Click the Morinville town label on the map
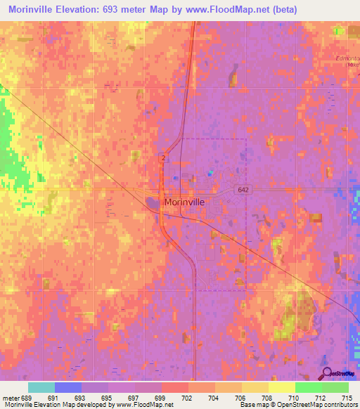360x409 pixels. point(185,202)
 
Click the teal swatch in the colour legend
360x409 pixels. point(41,387)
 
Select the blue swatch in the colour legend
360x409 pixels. point(67,387)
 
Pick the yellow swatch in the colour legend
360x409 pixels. point(281,387)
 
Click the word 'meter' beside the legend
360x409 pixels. point(9,397)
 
